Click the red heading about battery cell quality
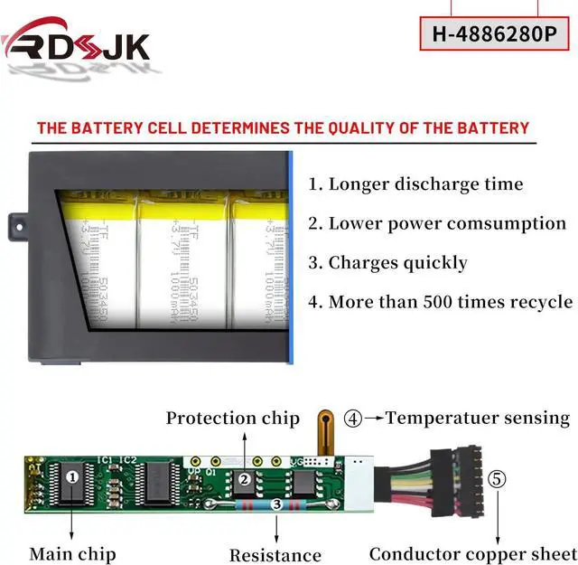click(x=282, y=127)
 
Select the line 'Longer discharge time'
click(x=415, y=184)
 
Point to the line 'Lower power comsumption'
click(x=437, y=223)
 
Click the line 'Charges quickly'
click(x=387, y=263)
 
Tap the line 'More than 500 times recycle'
click(x=440, y=302)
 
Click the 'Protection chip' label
click(x=232, y=418)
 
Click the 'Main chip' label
click(x=72, y=553)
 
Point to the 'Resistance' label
click(x=275, y=555)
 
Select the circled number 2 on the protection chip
click(x=243, y=479)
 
